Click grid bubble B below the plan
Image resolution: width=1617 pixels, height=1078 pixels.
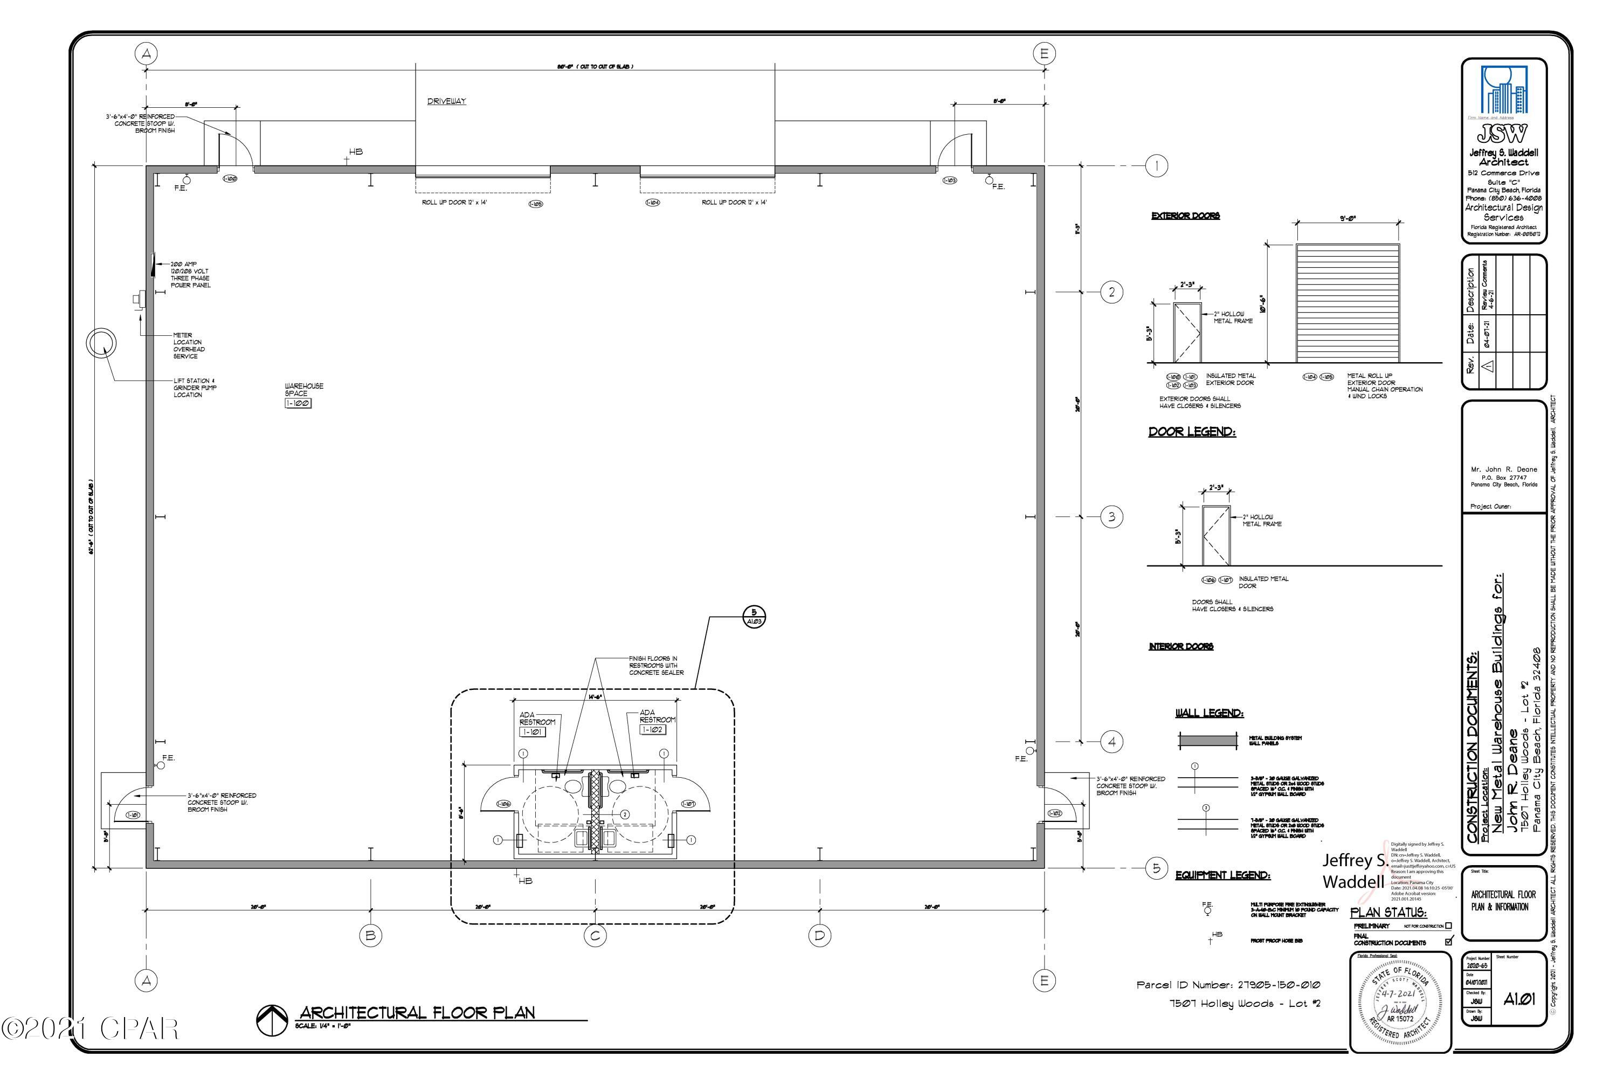pos(371,935)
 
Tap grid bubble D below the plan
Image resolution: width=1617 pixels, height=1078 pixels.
pos(819,935)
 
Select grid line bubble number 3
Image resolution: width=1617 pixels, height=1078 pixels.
pos(1111,517)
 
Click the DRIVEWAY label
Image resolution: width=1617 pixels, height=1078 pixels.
pos(446,102)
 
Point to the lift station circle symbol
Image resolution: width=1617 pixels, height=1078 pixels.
pos(101,342)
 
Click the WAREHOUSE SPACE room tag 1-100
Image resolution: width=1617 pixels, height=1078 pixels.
pos(298,404)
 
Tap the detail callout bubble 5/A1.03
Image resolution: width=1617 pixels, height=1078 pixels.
pos(754,617)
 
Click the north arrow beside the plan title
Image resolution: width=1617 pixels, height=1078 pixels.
pos(272,1020)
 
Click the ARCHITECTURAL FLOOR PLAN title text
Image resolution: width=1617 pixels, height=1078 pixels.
pos(417,1012)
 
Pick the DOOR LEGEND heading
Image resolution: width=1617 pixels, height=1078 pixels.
pos(1191,432)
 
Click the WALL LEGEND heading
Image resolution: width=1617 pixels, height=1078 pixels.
pos(1210,713)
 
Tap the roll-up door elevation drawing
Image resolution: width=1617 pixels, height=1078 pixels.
pos(1347,302)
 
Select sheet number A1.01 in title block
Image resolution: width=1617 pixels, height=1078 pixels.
pos(1519,999)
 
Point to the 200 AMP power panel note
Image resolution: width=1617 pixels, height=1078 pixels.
pos(190,274)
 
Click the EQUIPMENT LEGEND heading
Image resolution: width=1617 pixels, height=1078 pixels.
pos(1222,875)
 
